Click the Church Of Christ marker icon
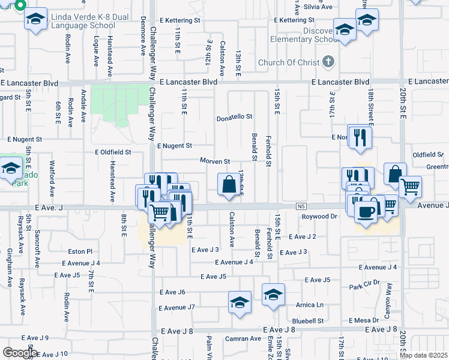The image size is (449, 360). point(328,61)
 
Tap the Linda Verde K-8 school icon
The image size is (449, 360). point(36,19)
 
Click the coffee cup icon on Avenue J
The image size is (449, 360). point(366,211)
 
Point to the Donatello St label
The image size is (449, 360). point(234,118)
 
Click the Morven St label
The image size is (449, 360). point(215,161)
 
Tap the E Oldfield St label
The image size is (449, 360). point(113,152)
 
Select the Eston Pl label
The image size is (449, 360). point(80,251)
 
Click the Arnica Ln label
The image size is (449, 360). point(310,305)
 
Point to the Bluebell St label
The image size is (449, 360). point(309,321)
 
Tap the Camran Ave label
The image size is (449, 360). point(247,338)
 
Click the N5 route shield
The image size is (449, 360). point(301,206)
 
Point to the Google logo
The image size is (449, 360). point(19,353)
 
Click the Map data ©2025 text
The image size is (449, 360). point(423,355)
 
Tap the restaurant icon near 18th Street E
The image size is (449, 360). point(360,137)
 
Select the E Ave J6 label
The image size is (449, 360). point(172,292)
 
